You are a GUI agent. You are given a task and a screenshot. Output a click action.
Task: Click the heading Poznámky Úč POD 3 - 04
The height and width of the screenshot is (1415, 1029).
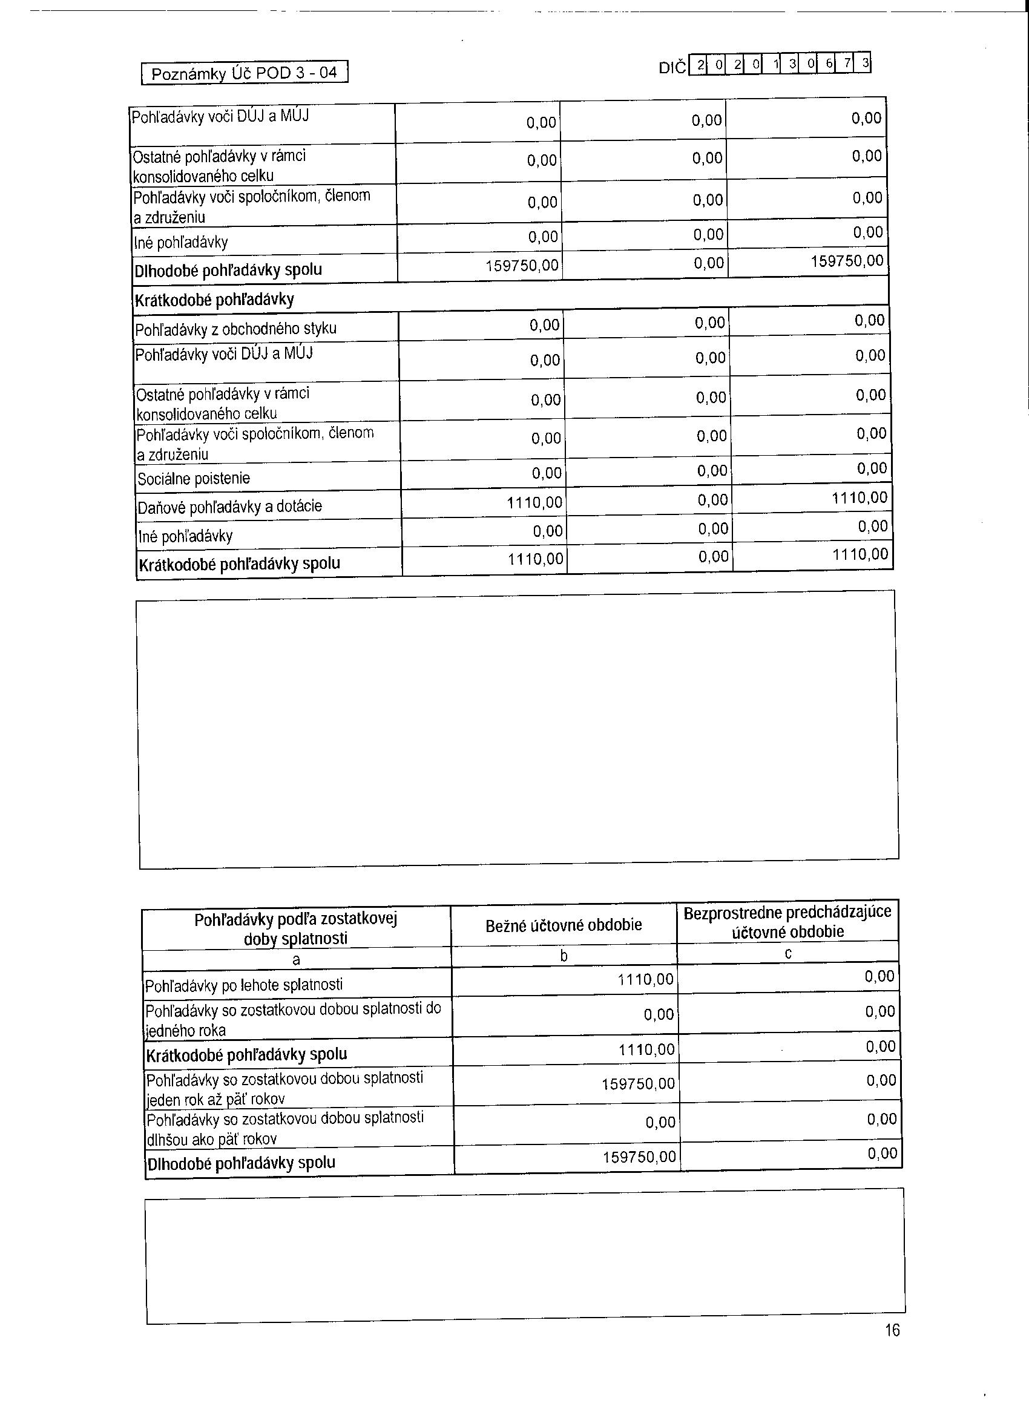[x=244, y=73]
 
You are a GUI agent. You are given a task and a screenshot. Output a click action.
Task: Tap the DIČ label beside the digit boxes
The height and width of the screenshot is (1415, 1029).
[x=672, y=67]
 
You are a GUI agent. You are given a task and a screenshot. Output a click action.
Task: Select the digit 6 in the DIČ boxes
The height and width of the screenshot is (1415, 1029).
[x=829, y=64]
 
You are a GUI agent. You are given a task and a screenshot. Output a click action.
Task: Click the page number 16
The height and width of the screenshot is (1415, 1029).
[x=892, y=1330]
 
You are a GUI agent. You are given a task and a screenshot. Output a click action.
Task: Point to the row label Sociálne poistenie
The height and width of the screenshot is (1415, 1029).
[x=194, y=479]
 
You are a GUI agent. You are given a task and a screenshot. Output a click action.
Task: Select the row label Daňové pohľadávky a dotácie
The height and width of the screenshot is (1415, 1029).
[x=229, y=506]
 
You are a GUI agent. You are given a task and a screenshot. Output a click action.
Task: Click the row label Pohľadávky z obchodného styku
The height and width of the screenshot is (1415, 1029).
[x=236, y=328]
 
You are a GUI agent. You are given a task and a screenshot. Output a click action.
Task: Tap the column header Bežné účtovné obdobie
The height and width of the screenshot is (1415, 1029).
[x=564, y=925]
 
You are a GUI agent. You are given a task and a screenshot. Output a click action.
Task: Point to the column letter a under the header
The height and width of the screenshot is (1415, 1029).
[x=296, y=959]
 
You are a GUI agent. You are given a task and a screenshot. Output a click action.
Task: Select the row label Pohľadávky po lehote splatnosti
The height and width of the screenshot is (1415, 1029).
[x=244, y=985]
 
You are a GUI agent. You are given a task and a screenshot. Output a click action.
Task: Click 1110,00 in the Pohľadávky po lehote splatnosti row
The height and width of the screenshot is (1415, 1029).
[x=645, y=980]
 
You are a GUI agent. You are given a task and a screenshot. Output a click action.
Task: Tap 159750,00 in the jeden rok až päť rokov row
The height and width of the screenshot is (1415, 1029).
[x=638, y=1084]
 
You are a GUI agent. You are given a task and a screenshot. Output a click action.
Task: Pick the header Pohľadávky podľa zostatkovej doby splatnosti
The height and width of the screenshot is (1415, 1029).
[x=296, y=928]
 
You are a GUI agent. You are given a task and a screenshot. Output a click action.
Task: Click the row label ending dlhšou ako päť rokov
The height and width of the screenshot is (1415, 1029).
[x=284, y=1128]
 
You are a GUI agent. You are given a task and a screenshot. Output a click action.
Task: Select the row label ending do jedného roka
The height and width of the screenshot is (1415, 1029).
[x=294, y=1019]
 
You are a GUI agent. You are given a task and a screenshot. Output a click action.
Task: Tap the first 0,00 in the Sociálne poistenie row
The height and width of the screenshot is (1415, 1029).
[x=547, y=473]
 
